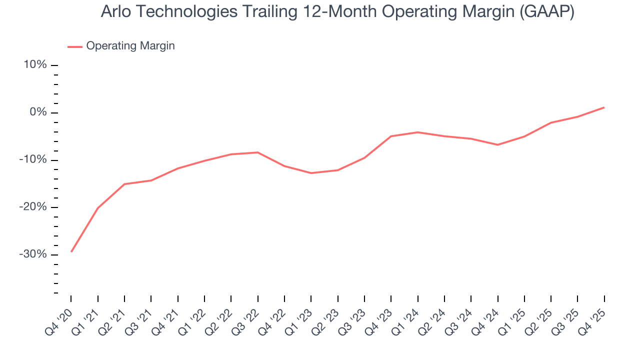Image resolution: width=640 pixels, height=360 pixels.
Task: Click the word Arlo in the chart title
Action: pos(114,12)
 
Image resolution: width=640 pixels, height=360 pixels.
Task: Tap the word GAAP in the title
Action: pos(546,12)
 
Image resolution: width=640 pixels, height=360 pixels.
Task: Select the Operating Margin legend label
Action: pos(130,46)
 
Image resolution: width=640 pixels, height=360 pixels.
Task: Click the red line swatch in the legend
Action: pos(75,46)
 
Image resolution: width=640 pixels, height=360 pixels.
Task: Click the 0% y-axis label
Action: pos(39,112)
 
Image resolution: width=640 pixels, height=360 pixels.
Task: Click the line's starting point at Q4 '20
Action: pos(71,251)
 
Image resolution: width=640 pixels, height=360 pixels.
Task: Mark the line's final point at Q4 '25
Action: pos(604,107)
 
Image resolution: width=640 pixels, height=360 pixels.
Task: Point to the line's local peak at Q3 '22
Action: pos(257,152)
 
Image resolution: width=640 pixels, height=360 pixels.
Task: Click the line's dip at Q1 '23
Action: pos(311,173)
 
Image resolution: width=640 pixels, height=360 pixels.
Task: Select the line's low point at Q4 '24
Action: pos(497,145)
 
